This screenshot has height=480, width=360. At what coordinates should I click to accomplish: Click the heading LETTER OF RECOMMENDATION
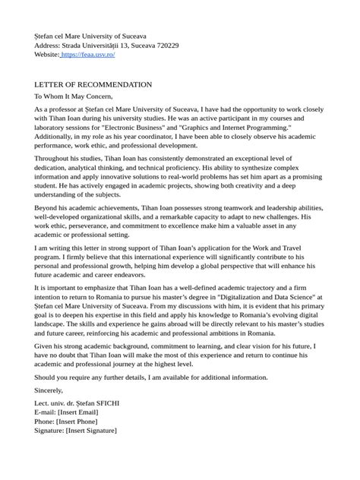tap(93, 84)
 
